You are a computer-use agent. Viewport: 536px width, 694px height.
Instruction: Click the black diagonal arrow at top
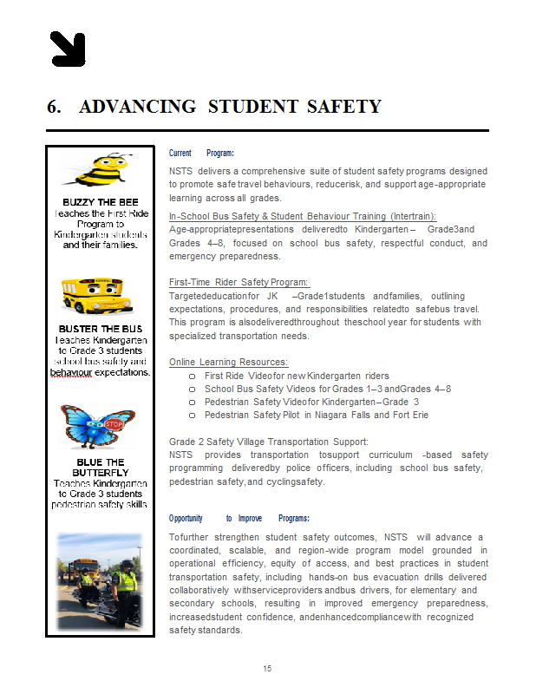(68, 49)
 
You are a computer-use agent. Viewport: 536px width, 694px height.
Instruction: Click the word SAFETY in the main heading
(343, 107)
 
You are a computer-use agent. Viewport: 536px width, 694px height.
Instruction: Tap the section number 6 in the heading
(53, 107)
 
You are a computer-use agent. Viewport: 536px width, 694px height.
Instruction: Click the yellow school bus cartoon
(97, 295)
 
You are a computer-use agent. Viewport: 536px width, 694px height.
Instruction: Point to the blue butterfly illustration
(98, 426)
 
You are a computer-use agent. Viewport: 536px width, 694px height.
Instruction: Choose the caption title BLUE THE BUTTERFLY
(101, 467)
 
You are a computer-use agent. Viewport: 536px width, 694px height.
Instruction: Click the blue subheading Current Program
(201, 153)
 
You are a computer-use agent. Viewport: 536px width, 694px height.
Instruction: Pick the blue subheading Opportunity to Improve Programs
(239, 518)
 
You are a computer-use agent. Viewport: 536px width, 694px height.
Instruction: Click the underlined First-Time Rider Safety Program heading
(239, 282)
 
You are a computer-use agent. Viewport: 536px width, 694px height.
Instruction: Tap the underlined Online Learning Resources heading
(228, 362)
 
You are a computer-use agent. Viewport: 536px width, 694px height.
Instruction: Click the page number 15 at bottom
(268, 668)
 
